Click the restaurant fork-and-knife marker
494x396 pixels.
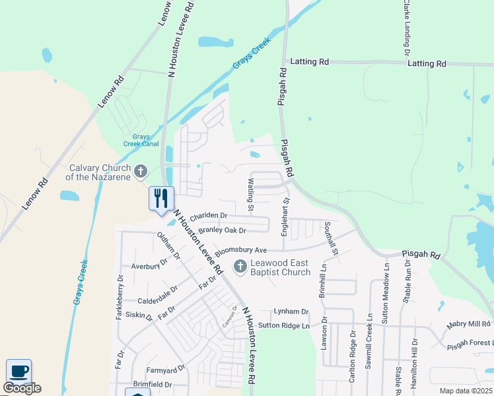161,198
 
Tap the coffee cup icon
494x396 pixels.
18,371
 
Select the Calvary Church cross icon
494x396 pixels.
140,172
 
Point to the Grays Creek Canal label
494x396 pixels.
141,140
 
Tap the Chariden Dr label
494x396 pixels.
208,216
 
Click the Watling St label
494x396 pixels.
251,195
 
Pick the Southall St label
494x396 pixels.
331,239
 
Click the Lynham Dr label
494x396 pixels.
292,311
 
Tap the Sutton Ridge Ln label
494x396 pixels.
284,325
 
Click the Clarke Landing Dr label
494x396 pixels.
407,28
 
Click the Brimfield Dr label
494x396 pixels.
152,384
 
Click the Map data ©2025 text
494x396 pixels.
466,391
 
